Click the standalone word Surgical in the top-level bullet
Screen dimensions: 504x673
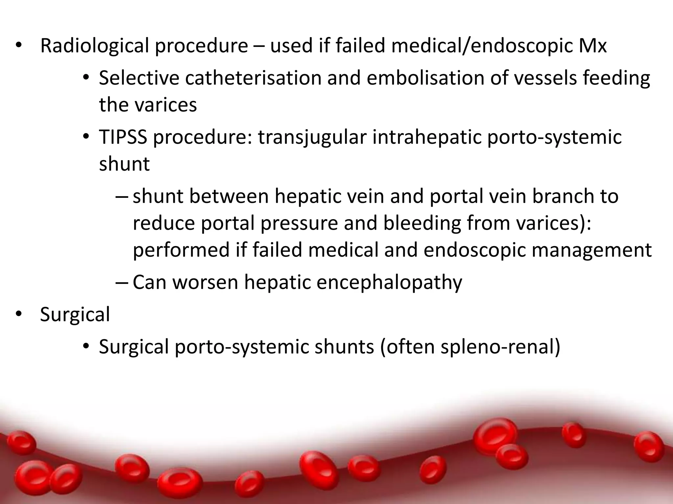(x=75, y=314)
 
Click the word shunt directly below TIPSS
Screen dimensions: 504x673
(x=124, y=164)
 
